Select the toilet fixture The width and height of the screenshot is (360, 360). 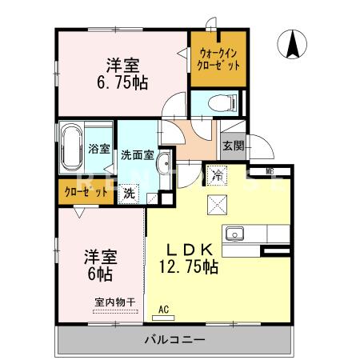[x=223, y=102]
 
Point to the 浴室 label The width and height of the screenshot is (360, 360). [x=98, y=147]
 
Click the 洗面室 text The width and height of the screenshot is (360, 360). [x=137, y=154]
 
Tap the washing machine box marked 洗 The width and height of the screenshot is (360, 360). [x=130, y=192]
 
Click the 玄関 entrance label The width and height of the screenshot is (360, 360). [x=233, y=146]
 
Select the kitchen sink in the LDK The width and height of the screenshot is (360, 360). [x=235, y=234]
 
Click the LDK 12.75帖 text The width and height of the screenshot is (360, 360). [x=190, y=258]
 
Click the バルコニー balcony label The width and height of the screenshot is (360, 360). [x=174, y=339]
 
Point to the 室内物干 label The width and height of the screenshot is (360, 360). [x=113, y=302]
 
